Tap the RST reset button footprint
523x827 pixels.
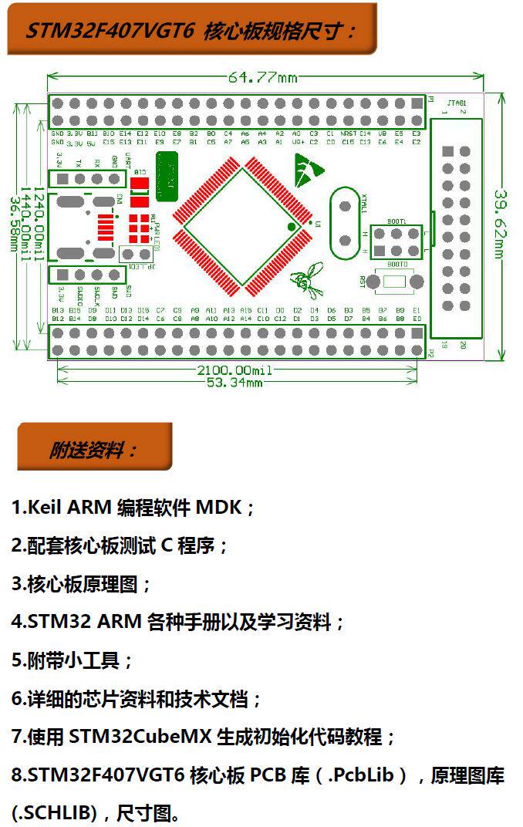[394, 282]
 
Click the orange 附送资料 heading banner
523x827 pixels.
[94, 447]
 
